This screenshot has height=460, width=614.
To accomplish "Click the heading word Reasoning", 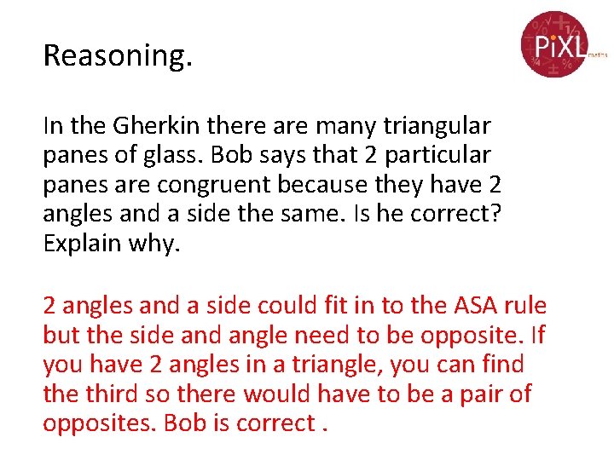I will (118, 56).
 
